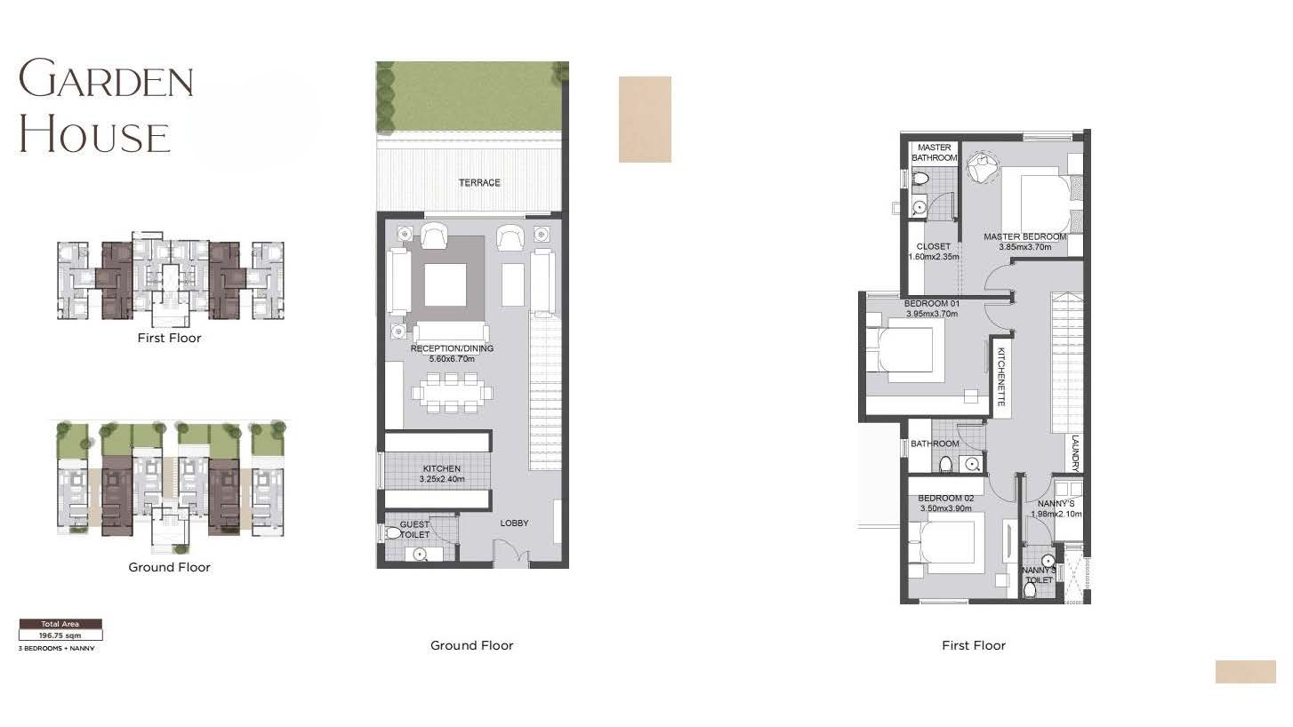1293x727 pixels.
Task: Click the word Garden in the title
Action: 106,78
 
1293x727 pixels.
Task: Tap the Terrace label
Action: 479,183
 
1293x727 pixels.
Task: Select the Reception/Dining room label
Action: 452,348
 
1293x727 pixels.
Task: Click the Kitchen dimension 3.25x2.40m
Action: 442,479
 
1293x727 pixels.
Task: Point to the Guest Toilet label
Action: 414,530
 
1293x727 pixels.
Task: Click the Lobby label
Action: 514,523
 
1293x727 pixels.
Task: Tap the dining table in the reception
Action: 452,393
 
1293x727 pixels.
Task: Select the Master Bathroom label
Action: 934,153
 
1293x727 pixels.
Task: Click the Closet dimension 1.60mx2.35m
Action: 934,257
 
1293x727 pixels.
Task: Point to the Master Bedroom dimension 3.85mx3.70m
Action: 1025,247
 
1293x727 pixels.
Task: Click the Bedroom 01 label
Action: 932,303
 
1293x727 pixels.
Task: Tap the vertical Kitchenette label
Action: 1001,376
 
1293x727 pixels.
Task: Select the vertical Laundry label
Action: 1075,453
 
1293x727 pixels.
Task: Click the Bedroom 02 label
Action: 946,498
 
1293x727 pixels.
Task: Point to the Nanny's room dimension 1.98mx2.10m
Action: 1056,514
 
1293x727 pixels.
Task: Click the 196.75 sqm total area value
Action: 60,635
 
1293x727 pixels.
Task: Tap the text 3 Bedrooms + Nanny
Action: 57,649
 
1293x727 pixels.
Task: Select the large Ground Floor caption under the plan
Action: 471,645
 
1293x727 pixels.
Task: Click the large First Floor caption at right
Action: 974,645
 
